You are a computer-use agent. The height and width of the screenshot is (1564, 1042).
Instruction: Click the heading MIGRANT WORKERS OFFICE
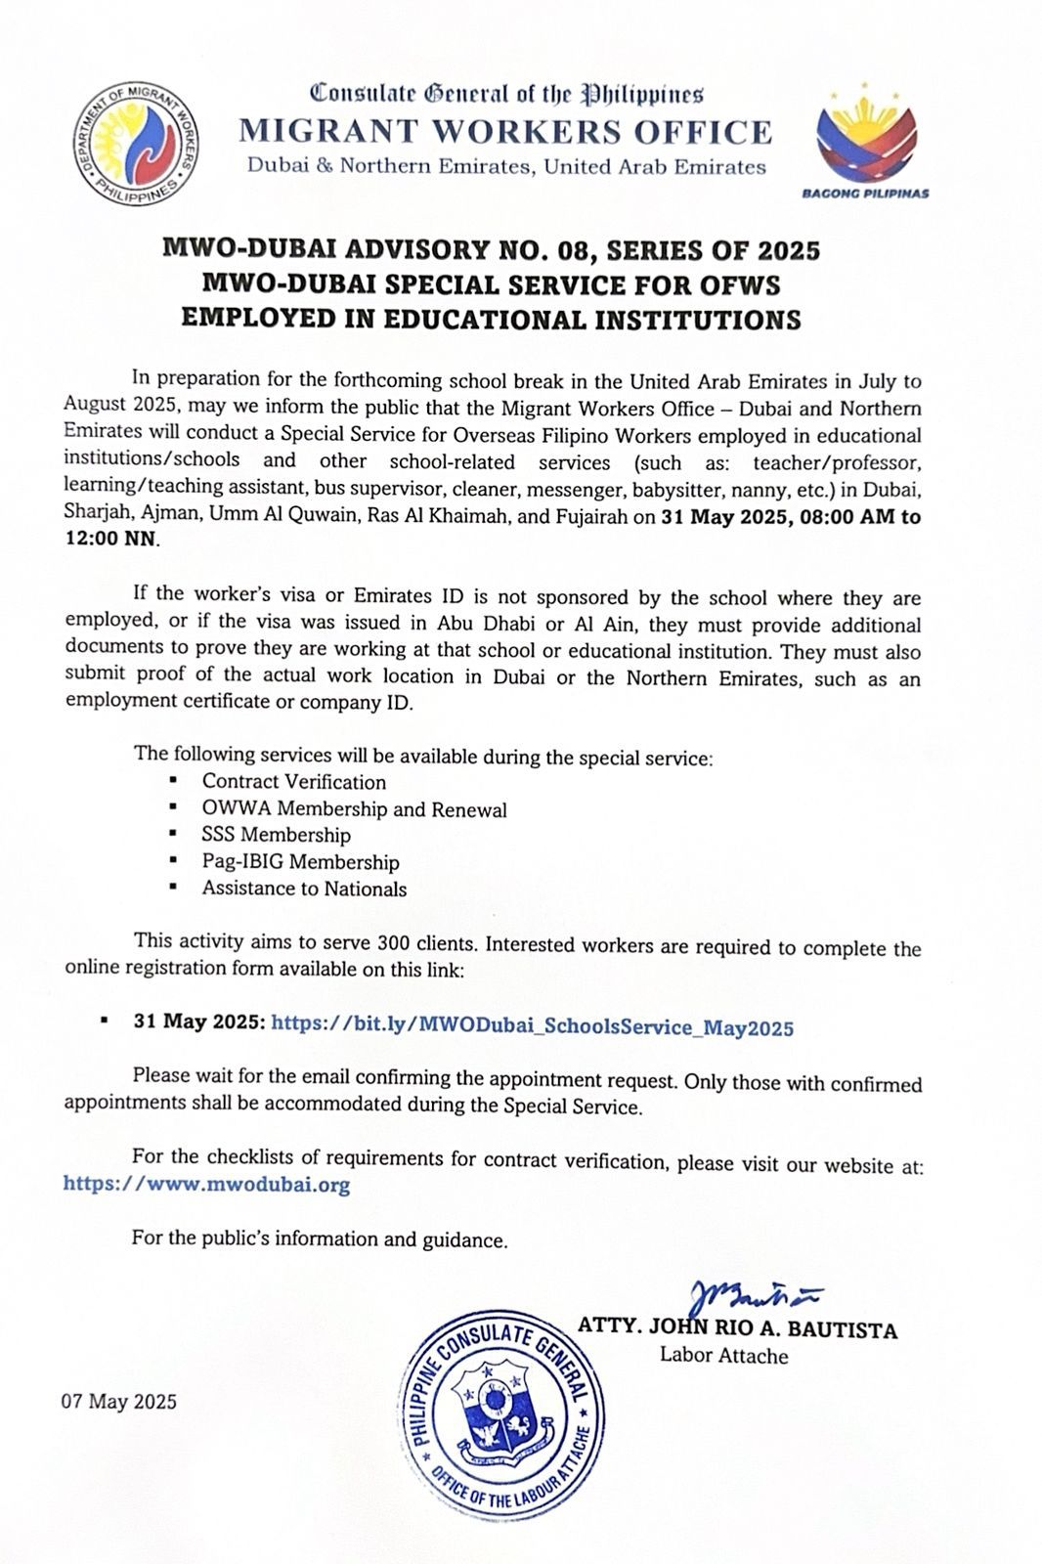point(506,132)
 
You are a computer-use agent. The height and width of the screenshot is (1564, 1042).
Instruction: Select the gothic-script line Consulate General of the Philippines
point(506,94)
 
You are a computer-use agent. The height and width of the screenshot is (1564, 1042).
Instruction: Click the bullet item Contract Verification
point(293,782)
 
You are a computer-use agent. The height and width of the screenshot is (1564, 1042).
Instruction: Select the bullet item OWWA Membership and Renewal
point(354,809)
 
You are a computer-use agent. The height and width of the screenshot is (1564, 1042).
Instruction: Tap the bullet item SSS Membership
point(276,836)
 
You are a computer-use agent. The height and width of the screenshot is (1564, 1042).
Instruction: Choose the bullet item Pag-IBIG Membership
point(300,862)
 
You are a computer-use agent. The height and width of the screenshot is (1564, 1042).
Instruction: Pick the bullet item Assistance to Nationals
point(304,889)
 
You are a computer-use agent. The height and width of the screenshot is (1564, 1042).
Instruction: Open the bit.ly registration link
point(532,1027)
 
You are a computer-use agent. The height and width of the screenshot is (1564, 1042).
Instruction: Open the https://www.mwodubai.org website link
point(206,1185)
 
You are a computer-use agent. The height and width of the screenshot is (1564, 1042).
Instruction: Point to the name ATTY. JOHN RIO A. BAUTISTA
point(737,1330)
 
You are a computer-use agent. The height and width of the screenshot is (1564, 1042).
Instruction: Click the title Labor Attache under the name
point(723,1356)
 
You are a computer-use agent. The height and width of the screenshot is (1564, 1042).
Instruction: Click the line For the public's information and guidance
point(321,1240)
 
